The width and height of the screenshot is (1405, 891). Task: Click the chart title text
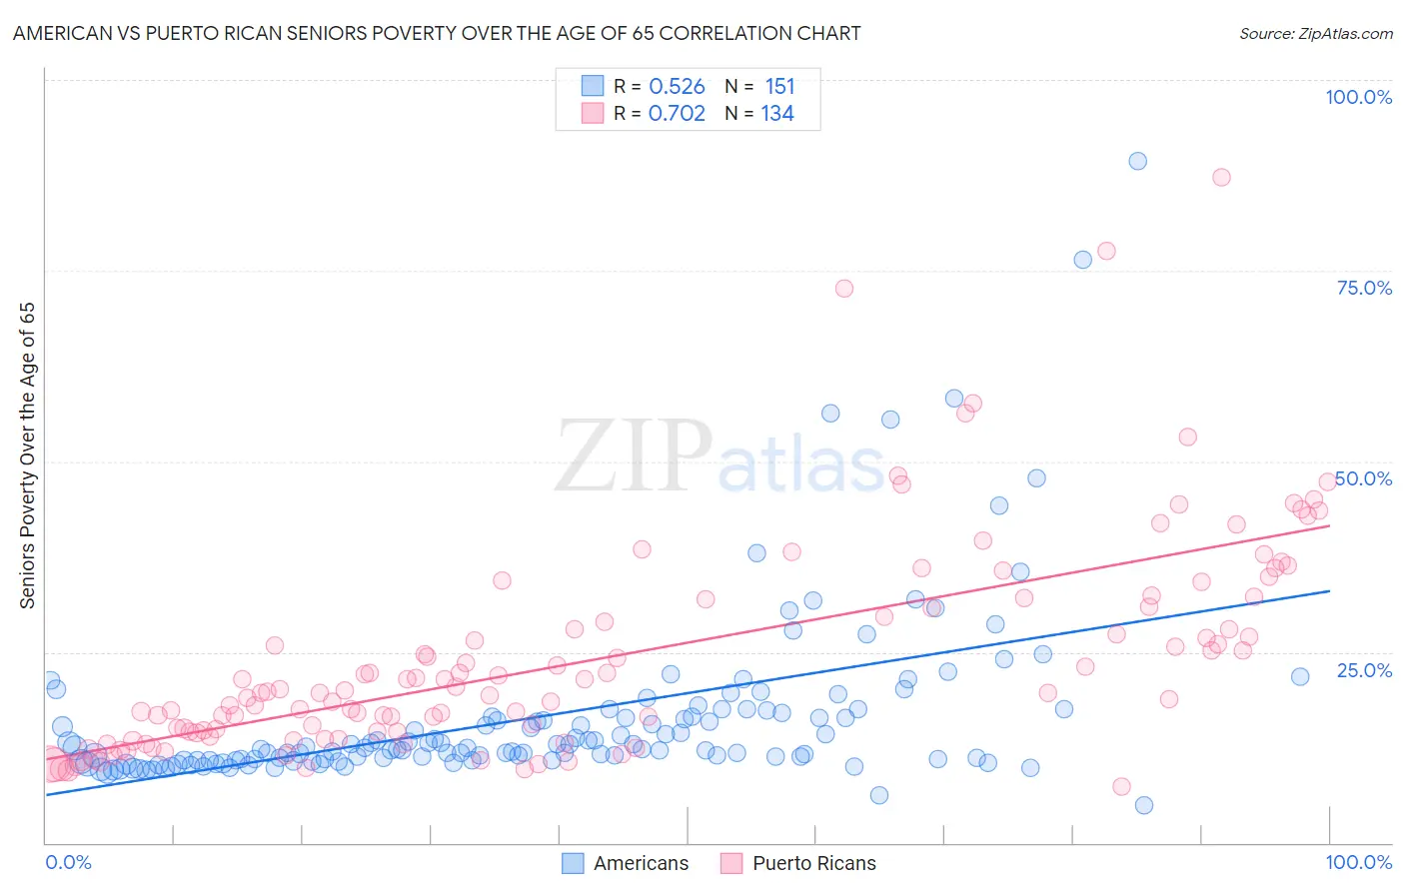437,33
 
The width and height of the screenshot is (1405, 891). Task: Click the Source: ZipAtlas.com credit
1315,33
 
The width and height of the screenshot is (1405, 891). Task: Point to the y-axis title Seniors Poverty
27,454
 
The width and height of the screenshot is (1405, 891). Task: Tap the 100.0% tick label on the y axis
1358,97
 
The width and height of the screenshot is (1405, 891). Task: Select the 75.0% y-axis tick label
1364,288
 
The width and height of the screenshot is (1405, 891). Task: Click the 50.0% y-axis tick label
1364,478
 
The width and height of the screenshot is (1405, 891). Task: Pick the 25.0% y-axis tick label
1364,669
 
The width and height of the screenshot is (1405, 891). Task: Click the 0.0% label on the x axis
68,862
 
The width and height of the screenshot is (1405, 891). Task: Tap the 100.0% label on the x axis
1358,862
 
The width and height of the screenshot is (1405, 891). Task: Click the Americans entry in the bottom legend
640,863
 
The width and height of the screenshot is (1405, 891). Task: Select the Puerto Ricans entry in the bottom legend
813,863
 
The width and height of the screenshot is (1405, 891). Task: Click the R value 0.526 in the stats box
677,87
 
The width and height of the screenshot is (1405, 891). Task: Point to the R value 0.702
677,114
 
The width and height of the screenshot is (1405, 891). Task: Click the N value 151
779,87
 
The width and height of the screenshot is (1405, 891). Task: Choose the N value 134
777,114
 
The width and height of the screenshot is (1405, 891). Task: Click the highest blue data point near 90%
1137,161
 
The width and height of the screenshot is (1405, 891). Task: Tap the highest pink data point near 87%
1220,177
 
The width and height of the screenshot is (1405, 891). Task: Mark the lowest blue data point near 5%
1144,805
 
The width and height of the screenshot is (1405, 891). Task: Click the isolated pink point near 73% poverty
843,289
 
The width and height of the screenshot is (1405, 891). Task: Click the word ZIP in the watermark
634,456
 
